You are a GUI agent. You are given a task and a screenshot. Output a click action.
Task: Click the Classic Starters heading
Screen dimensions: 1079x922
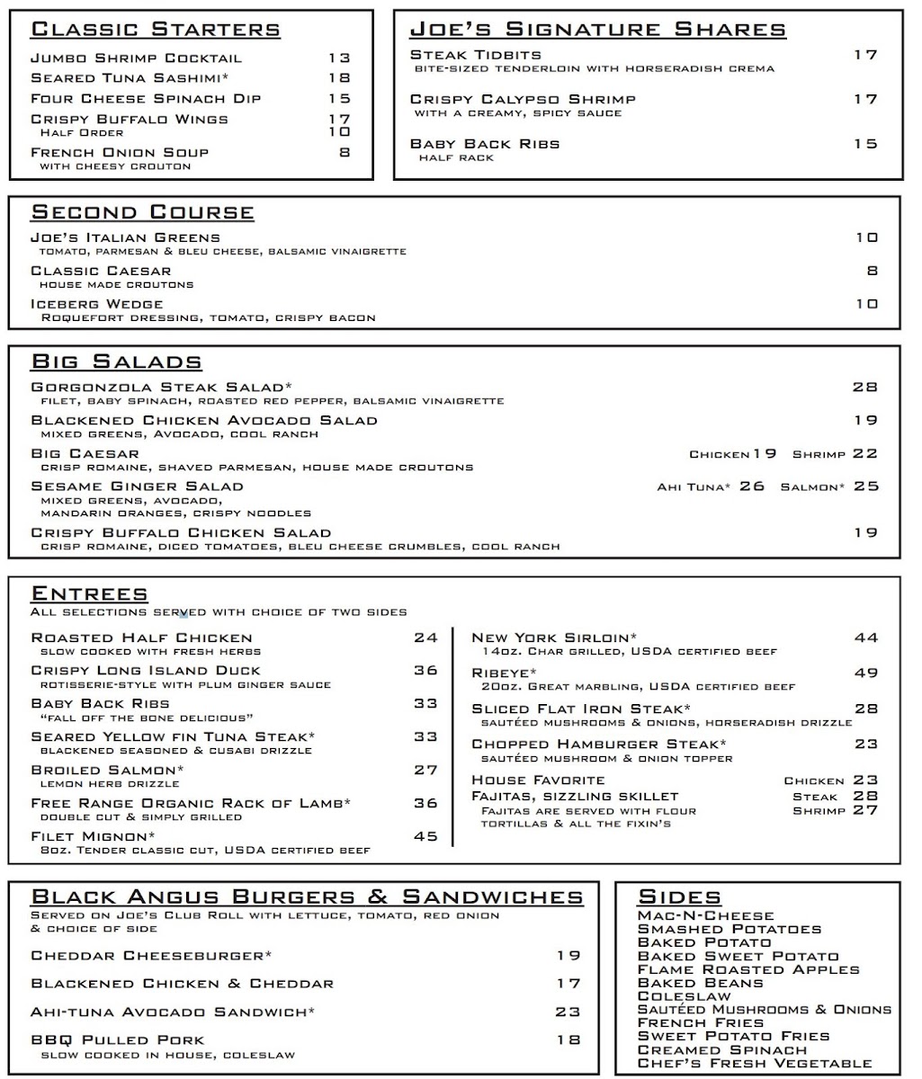pos(156,29)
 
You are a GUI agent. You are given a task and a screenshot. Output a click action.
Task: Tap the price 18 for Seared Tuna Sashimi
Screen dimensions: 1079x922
pos(338,78)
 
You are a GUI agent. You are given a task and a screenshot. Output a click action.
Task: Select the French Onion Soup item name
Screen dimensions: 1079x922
pos(120,153)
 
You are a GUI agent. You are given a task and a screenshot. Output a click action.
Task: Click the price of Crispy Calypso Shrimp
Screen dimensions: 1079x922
pos(865,99)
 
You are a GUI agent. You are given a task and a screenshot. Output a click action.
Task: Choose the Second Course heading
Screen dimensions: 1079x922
pos(143,213)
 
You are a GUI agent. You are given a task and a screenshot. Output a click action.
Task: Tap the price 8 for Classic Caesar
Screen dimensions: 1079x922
pos(872,271)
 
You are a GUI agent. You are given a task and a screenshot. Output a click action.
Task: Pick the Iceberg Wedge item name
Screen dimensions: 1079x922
pos(97,304)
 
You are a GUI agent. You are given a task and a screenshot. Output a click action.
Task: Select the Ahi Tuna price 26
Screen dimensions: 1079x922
pos(752,486)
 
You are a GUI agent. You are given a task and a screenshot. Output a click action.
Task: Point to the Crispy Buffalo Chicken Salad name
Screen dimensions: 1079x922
pos(181,532)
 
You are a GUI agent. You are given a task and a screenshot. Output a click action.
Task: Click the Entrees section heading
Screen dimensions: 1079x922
pos(89,594)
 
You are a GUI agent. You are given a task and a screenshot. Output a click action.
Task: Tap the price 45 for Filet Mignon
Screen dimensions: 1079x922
pos(425,836)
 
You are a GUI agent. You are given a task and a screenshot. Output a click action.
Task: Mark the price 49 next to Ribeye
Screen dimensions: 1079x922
pos(865,673)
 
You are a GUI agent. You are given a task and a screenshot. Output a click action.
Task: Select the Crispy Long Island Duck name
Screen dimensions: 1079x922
pos(146,671)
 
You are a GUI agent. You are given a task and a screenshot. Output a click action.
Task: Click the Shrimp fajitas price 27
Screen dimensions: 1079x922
pos(865,810)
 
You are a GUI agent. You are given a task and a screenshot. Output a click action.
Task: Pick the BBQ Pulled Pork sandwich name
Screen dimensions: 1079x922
pos(118,1040)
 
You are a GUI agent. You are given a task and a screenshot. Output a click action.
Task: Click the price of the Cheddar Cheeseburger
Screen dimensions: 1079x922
pos(568,956)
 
